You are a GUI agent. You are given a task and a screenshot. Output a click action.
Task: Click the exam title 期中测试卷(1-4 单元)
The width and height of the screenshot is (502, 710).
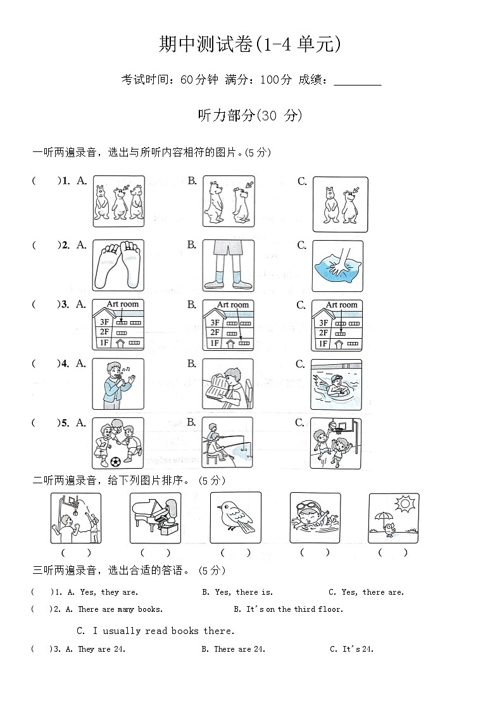coord(251,44)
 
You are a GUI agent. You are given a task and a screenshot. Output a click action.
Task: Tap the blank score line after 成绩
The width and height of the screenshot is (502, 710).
coord(357,80)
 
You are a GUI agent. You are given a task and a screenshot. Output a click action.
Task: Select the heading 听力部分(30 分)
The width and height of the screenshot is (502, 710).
coord(251,115)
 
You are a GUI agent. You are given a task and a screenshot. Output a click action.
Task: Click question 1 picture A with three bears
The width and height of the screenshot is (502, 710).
coord(118,201)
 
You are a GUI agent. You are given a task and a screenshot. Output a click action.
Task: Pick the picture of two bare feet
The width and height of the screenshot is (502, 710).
coord(118,265)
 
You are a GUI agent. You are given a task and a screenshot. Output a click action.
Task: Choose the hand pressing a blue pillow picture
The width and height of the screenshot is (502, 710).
coord(337,266)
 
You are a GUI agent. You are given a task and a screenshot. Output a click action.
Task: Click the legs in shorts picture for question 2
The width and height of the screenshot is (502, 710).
coord(228,265)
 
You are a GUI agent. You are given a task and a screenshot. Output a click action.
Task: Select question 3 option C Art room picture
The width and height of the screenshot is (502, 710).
coord(337,325)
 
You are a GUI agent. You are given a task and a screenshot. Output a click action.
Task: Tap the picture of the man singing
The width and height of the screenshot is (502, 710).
coord(118,384)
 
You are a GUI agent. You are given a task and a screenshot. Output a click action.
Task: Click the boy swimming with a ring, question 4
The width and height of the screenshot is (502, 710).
coord(336,384)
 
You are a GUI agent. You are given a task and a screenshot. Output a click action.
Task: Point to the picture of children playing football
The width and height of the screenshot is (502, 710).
coord(118,443)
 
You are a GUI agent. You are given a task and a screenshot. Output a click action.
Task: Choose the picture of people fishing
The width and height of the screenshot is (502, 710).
coord(227,443)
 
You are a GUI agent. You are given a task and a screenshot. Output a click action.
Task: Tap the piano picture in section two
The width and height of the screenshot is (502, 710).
coord(156,517)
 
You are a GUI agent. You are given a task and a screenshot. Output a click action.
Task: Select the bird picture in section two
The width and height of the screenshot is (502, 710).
coord(235,517)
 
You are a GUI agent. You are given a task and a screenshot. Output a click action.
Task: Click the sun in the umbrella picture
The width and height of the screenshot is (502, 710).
coord(404,505)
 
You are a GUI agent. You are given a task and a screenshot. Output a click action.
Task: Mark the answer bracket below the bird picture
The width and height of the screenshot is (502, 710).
coord(235,552)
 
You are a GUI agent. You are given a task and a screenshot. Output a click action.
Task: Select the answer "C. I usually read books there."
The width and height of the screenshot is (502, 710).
coord(155,631)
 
